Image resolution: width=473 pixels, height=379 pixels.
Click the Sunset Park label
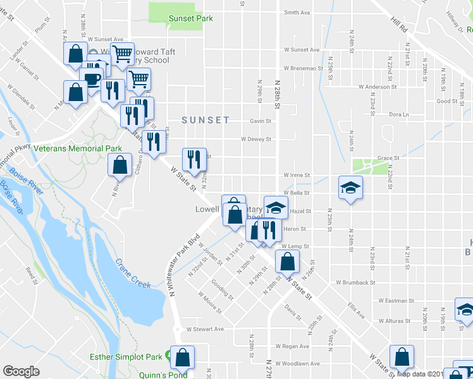point(190,18)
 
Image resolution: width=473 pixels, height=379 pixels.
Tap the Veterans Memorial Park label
point(78,148)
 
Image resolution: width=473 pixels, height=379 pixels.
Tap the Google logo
point(21,371)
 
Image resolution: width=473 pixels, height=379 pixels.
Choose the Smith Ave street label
point(297,12)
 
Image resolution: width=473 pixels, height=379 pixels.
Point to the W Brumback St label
point(355,282)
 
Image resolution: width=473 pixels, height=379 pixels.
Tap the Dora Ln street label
point(399,114)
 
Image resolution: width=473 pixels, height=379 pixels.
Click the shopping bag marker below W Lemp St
point(287,261)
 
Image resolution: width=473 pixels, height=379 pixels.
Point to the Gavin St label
point(260,121)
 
